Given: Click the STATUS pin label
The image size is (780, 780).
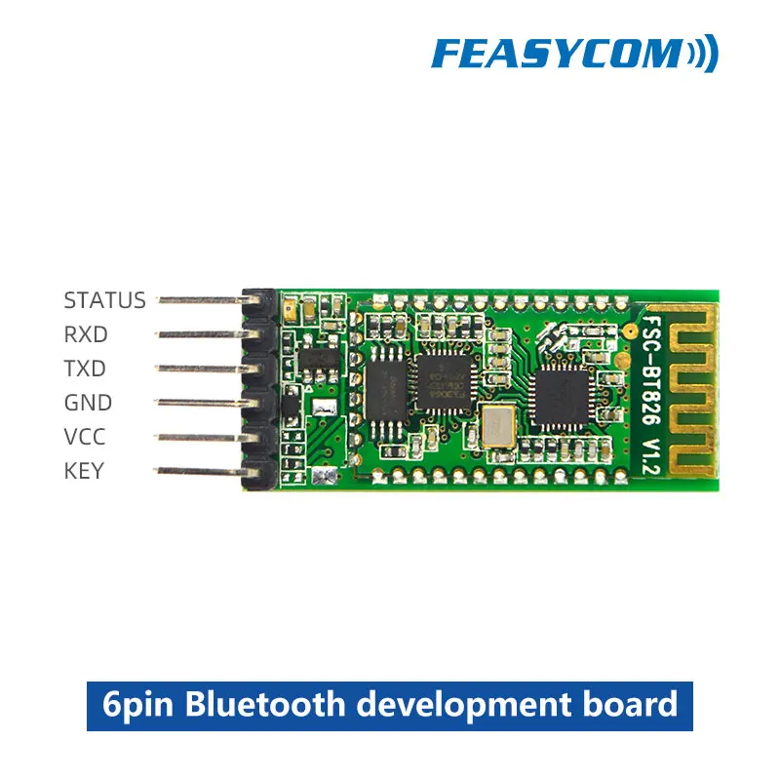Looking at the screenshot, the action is [x=104, y=300].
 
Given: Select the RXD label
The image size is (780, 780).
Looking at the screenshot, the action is [x=86, y=334].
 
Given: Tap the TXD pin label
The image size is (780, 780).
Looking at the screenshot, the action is [x=85, y=369].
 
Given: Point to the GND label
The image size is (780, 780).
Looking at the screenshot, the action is [x=88, y=403].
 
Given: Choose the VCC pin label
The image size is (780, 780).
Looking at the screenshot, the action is [x=85, y=437].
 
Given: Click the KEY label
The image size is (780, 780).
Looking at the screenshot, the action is [x=84, y=471].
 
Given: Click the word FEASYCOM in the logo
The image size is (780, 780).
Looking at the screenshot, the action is [x=556, y=53].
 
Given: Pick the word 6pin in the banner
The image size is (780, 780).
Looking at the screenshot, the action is [x=138, y=704].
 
